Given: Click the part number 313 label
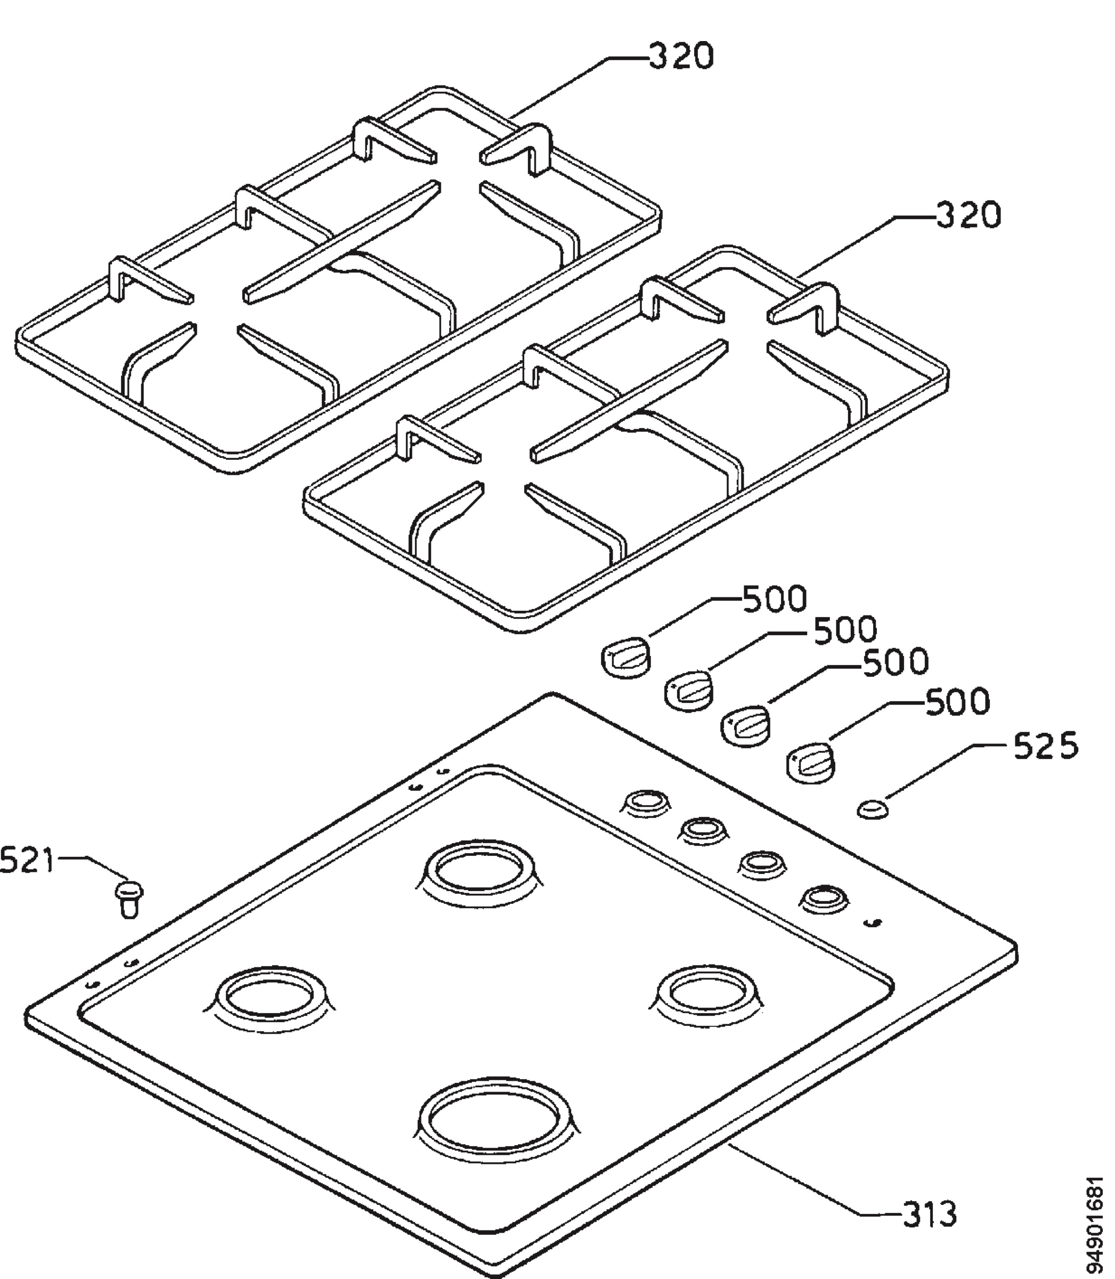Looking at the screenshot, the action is click(929, 1213).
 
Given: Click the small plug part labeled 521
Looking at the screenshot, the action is click(129, 897).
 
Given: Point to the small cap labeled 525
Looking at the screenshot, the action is click(874, 810).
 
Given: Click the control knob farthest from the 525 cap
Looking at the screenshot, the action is click(625, 657).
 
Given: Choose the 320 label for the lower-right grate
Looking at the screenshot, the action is click(970, 215).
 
